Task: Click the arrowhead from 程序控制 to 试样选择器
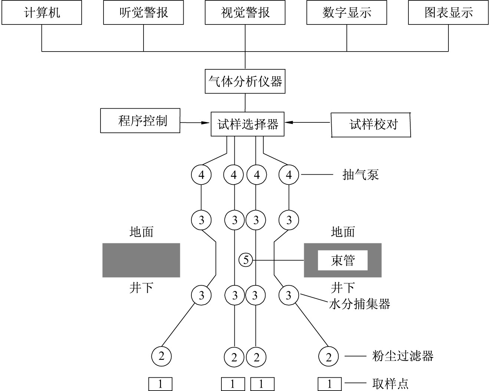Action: click(206, 123)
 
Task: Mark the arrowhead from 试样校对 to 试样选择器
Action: click(289, 122)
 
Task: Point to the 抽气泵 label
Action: click(361, 175)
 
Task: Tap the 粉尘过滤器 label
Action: click(403, 356)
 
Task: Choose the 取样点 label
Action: click(391, 384)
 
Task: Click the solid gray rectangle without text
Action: click(141, 260)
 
